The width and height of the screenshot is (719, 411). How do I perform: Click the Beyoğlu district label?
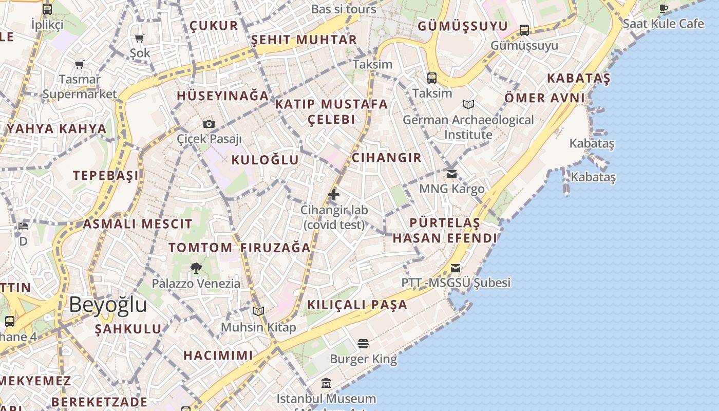108,305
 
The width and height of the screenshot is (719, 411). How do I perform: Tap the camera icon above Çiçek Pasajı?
209,124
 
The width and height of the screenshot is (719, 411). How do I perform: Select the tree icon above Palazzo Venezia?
196,268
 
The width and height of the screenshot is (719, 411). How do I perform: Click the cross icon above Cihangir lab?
334,195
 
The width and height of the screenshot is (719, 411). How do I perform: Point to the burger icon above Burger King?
363,343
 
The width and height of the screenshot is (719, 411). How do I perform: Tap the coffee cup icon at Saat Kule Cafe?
664,8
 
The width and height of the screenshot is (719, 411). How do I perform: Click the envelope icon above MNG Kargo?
452,174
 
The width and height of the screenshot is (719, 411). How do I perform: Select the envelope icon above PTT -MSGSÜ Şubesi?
456,268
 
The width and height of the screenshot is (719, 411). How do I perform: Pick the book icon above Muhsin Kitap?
258,311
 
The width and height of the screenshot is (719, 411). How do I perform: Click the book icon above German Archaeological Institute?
468,105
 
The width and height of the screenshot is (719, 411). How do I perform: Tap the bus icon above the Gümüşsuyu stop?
524,30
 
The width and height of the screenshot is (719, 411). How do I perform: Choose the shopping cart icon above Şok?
139,38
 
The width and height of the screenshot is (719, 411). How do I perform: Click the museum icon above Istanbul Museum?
326,383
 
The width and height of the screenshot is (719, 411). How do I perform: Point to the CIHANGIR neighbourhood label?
387,158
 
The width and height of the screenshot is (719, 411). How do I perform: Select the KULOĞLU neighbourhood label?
265,160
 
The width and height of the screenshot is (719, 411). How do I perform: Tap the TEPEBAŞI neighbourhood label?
106,176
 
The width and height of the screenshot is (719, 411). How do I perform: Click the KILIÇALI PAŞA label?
357,305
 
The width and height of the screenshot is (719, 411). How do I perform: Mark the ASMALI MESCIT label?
138,224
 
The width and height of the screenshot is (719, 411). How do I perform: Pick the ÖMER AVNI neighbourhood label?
544,98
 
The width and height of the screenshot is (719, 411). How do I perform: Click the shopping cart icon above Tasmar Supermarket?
79,65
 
